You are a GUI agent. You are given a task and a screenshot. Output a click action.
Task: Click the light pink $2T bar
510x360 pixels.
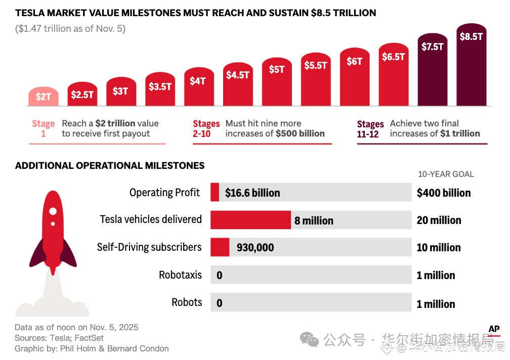[x=44, y=97]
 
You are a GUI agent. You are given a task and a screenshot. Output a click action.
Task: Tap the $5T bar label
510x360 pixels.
[x=277, y=69]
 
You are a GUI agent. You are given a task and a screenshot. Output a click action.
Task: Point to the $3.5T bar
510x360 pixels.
[x=160, y=89]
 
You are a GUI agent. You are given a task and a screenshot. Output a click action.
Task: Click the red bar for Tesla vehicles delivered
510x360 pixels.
[x=250, y=220]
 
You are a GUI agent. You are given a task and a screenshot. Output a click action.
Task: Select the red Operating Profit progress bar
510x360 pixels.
[x=215, y=193]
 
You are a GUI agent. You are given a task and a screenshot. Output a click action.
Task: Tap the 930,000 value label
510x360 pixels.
[x=256, y=247]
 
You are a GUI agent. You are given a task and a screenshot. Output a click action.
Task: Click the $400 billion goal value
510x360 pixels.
[x=444, y=193]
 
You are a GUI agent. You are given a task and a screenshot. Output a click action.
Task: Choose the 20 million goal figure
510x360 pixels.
[x=439, y=220]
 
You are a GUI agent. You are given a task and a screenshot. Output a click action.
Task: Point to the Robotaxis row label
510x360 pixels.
[x=180, y=275]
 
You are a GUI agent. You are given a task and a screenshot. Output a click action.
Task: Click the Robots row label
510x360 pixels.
[x=187, y=302]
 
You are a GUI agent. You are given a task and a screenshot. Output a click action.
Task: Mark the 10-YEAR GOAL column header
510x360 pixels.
[x=446, y=174]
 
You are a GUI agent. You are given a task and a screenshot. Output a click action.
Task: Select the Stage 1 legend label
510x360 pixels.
[x=43, y=128]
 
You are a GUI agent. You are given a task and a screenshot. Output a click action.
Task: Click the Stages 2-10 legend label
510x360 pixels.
[x=206, y=128]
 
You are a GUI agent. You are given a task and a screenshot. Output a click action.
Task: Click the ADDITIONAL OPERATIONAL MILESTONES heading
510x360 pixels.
[x=110, y=165]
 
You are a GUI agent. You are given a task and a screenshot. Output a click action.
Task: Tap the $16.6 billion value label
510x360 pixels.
[x=252, y=193]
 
